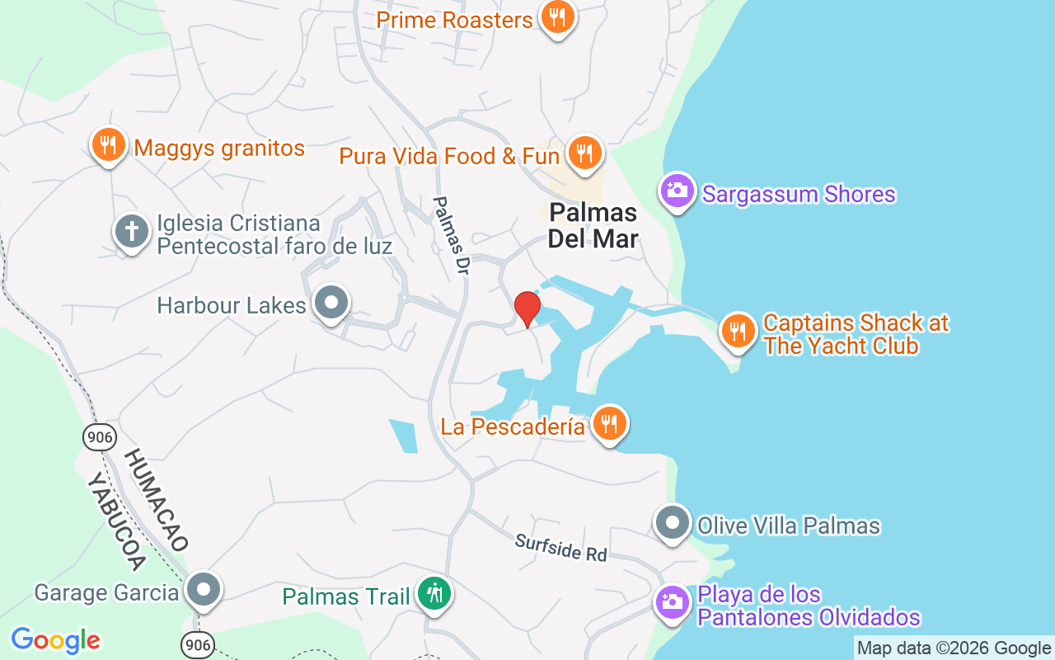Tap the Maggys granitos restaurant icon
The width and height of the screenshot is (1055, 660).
[x=107, y=146]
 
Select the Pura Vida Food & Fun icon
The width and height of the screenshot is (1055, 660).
[x=584, y=153]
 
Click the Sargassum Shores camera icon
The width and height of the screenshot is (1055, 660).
[x=678, y=191]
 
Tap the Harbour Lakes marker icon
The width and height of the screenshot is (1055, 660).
[x=331, y=303]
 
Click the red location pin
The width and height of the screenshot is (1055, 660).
[x=527, y=309]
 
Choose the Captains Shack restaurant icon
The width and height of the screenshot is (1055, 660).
[x=738, y=332]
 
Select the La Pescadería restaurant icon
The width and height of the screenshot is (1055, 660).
[x=609, y=424]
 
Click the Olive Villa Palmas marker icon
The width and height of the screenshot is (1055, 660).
[x=673, y=523]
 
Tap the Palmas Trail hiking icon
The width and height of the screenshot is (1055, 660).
[x=433, y=593]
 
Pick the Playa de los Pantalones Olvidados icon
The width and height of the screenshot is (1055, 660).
[x=673, y=601]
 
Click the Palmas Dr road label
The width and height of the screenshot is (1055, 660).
[x=450, y=236]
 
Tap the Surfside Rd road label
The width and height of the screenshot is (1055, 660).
[x=560, y=547]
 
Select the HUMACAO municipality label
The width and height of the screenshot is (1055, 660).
[x=157, y=499]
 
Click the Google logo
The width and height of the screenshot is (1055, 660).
[x=56, y=640]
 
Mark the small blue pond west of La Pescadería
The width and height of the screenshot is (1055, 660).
[x=404, y=436]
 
